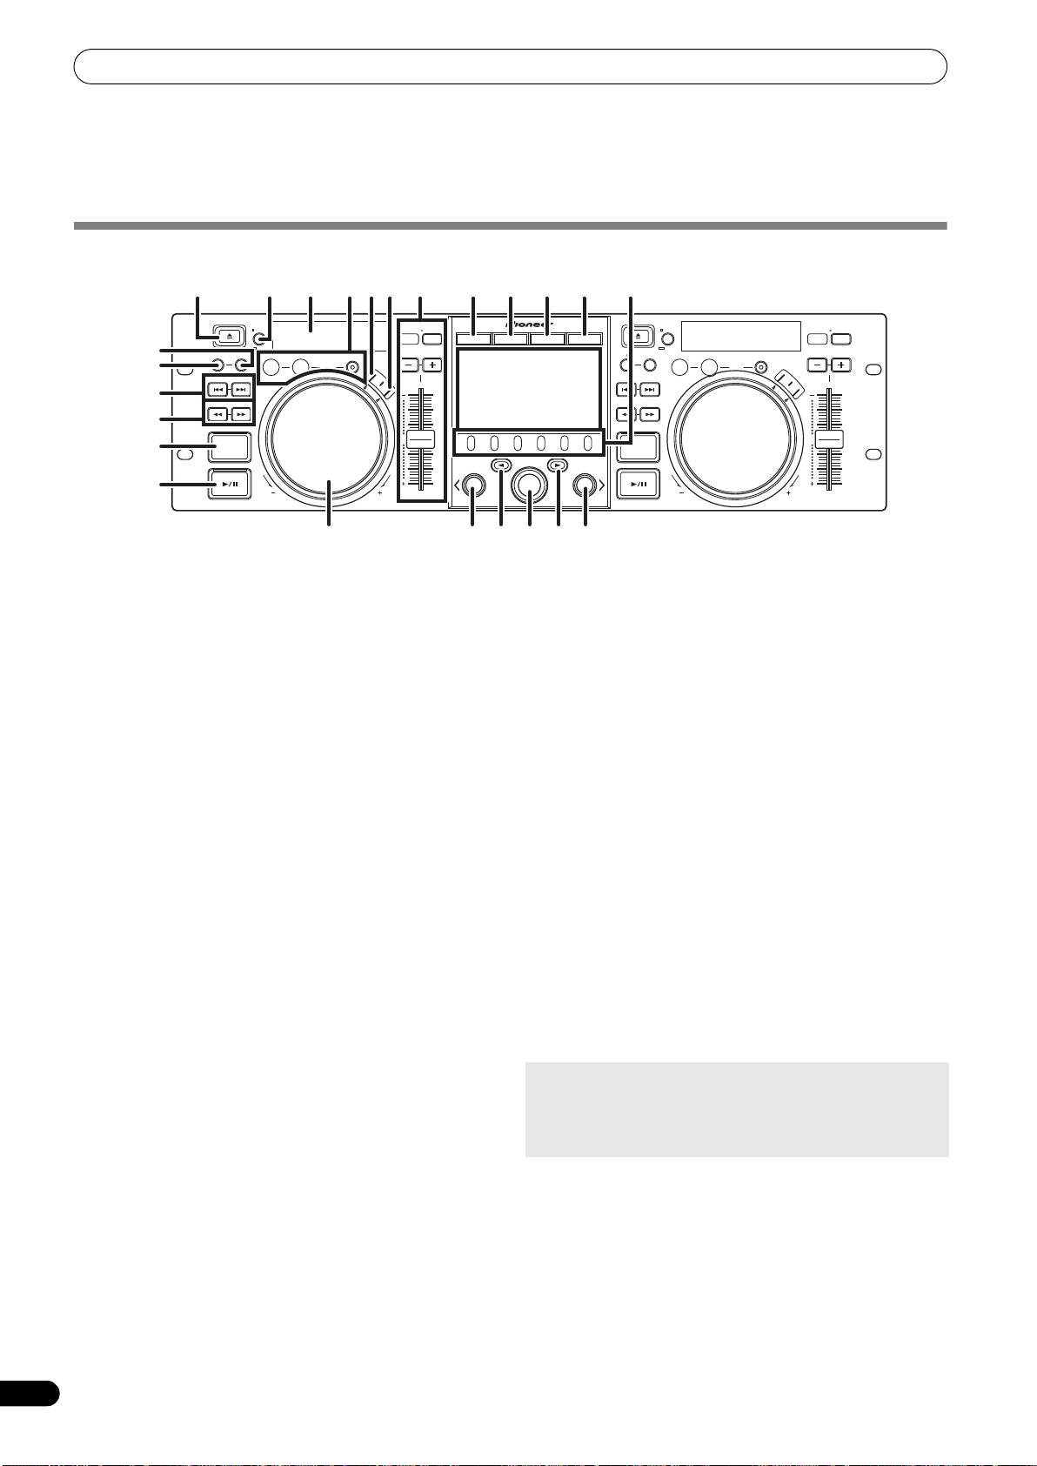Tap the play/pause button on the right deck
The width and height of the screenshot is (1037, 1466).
tap(639, 484)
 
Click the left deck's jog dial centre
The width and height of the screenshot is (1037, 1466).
tap(327, 437)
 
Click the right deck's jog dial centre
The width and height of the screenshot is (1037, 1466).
tap(738, 437)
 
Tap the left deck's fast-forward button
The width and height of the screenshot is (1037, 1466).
tap(241, 414)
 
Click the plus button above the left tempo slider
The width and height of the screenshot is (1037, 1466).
tap(432, 365)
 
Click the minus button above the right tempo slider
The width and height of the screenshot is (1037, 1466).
tap(817, 365)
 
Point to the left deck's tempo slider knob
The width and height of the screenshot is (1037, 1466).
tap(420, 438)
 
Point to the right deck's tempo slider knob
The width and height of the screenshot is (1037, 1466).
tap(829, 438)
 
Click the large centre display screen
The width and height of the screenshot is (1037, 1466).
tap(528, 387)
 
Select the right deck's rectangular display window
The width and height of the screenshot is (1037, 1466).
tap(740, 336)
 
